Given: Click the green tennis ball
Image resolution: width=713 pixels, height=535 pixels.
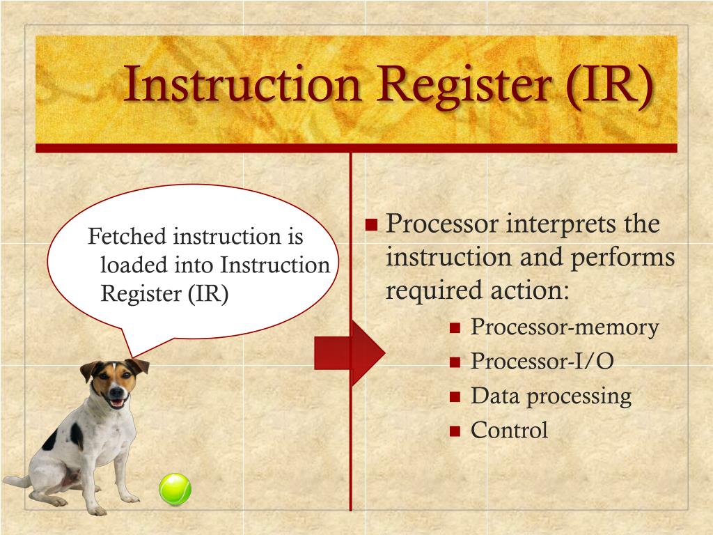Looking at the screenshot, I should (x=175, y=489).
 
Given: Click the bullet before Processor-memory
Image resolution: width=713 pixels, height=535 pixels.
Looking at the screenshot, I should (x=455, y=328).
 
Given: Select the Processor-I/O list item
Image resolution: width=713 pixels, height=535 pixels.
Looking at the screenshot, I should (x=542, y=361).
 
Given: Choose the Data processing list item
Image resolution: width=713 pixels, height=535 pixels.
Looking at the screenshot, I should (x=551, y=396).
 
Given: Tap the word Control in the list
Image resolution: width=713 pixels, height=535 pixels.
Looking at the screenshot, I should (x=509, y=430).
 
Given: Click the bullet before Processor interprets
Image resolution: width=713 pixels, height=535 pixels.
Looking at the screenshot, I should (x=371, y=225).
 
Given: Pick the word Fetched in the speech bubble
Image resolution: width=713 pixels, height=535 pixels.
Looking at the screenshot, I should (x=127, y=237).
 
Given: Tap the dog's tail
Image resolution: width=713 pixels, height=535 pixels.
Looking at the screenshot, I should (x=15, y=481).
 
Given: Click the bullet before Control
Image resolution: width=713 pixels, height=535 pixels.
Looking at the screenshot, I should (x=455, y=431).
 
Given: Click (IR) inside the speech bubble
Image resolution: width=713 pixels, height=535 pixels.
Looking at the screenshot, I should (x=207, y=293).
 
